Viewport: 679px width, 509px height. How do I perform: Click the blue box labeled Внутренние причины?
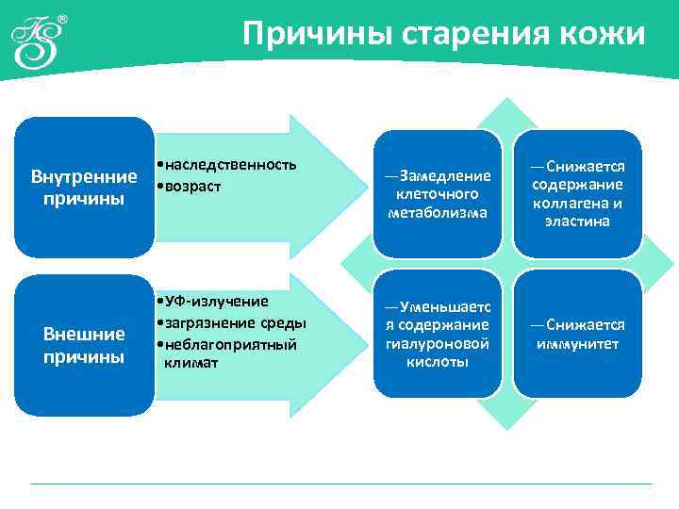tap(84, 188)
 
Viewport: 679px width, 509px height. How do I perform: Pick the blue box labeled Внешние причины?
tap(84, 345)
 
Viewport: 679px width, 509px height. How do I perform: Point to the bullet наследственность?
tap(227, 165)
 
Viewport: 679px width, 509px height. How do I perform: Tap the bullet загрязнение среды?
tap(231, 323)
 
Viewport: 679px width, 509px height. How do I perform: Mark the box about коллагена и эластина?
tap(576, 193)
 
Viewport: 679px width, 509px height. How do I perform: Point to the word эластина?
tap(576, 222)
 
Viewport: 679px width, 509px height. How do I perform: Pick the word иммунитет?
tap(576, 343)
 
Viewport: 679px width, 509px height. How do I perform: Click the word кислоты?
tap(438, 363)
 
